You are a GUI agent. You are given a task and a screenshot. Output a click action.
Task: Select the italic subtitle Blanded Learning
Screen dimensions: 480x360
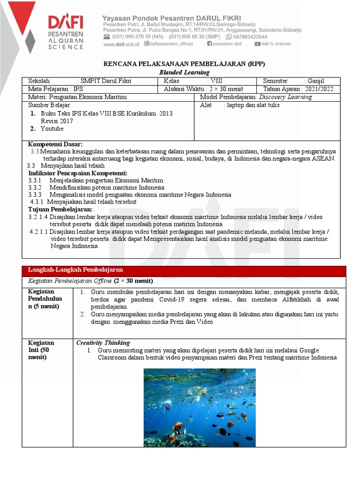184,72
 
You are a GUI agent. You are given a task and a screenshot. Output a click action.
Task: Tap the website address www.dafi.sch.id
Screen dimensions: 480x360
121,44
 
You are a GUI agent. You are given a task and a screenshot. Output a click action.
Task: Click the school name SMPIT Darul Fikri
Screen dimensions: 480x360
106,81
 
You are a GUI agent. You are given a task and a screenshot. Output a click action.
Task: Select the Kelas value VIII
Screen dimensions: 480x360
217,81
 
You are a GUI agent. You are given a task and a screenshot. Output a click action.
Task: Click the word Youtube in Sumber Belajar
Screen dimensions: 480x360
52,129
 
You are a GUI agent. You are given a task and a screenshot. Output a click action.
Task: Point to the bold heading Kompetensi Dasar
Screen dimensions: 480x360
55,144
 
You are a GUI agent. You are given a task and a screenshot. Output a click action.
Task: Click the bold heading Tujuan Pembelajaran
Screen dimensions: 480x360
60,210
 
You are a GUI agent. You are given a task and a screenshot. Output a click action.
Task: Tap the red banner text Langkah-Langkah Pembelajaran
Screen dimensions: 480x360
75,270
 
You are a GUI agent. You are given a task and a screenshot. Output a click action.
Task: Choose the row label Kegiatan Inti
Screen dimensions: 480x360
42,350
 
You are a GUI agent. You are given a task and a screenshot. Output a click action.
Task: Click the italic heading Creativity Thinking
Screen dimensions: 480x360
103,343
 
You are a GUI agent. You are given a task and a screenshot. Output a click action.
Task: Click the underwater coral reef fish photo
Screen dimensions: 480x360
200,407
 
